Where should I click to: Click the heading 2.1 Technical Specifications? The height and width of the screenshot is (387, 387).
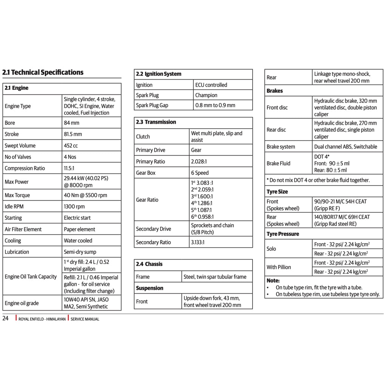click(x=43, y=72)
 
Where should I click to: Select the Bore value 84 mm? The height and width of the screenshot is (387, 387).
click(x=71, y=123)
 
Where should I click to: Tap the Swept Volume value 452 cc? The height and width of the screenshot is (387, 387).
click(x=71, y=146)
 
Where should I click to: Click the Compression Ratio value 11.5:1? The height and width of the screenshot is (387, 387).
click(x=70, y=168)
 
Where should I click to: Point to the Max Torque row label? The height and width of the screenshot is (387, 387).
click(x=17, y=195)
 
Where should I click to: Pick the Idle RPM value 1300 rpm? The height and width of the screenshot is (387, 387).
click(x=74, y=206)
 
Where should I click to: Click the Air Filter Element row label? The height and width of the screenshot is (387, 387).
click(x=23, y=229)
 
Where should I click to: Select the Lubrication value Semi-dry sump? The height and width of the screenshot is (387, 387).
click(x=80, y=252)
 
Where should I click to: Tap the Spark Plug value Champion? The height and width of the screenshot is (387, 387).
click(x=206, y=95)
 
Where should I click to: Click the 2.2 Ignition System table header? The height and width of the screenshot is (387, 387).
click(x=159, y=74)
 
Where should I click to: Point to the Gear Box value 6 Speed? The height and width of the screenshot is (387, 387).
click(x=200, y=173)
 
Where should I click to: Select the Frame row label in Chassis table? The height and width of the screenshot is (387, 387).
click(x=143, y=277)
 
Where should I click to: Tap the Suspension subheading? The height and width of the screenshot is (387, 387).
click(x=150, y=288)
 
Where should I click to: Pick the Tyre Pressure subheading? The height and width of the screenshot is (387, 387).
click(x=283, y=234)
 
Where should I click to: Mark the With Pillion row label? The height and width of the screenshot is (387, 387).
click(x=279, y=267)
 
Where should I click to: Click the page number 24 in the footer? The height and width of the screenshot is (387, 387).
click(x=5, y=318)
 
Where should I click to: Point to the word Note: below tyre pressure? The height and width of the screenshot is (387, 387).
click(x=273, y=280)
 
